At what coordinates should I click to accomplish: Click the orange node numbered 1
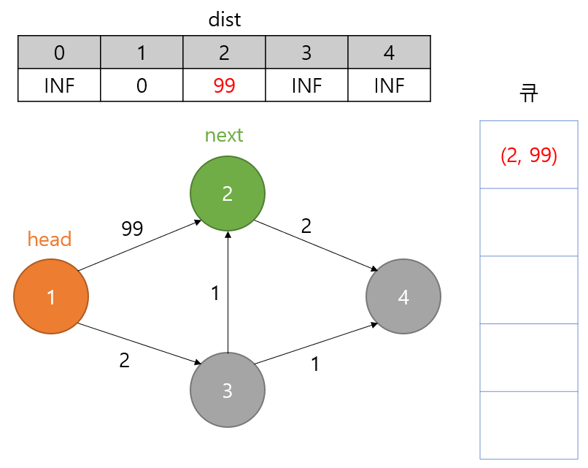pyautogui.click(x=51, y=296)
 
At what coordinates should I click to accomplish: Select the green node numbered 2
pyautogui.click(x=227, y=193)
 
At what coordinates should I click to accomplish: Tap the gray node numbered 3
pyautogui.click(x=227, y=390)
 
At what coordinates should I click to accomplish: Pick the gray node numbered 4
pyautogui.click(x=403, y=296)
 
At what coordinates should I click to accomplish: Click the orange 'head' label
pyautogui.click(x=50, y=239)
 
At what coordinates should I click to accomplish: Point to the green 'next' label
pyautogui.click(x=224, y=135)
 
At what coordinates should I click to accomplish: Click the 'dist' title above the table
pyautogui.click(x=224, y=20)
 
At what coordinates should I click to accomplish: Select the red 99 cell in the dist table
pyautogui.click(x=224, y=85)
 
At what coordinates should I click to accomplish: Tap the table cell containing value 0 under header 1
pyautogui.click(x=142, y=85)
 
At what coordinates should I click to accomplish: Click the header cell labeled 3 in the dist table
pyautogui.click(x=306, y=53)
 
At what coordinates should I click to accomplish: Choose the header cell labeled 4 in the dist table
pyautogui.click(x=389, y=53)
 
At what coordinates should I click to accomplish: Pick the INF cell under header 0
pyautogui.click(x=59, y=85)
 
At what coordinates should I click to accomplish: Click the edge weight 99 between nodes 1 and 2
pyautogui.click(x=131, y=229)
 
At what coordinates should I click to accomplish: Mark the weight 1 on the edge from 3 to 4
pyautogui.click(x=314, y=364)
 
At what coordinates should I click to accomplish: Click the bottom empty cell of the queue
pyautogui.click(x=529, y=425)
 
